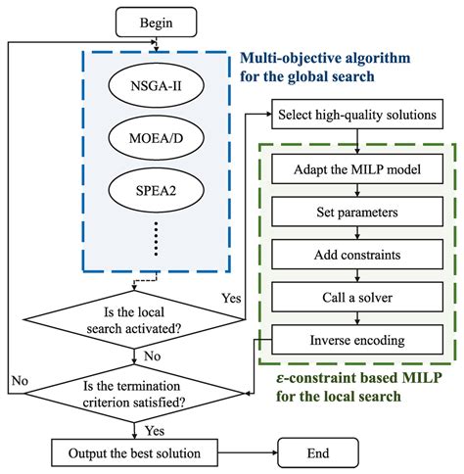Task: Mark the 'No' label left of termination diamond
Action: pyautogui.click(x=19, y=378)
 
